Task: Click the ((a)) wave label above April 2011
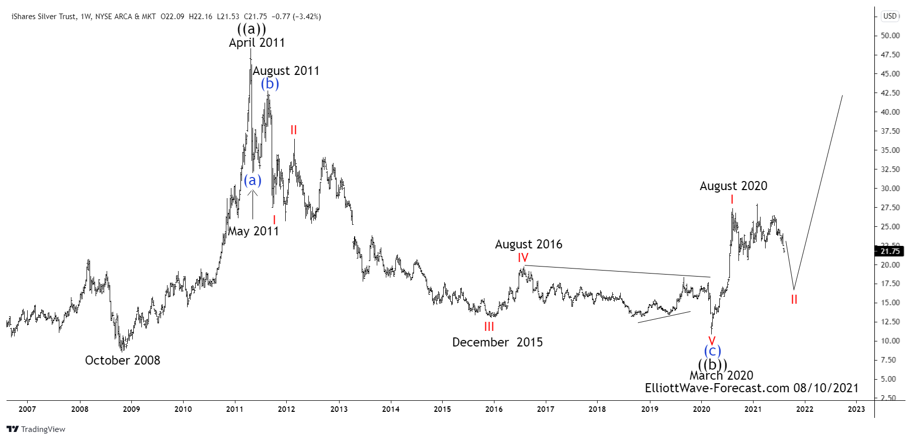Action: pos(252,29)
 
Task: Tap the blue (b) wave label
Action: pos(270,83)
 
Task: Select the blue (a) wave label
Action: pos(253,180)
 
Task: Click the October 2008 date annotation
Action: pos(122,360)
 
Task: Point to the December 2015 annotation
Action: pos(497,342)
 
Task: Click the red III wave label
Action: pos(489,327)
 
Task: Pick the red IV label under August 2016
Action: pos(523,258)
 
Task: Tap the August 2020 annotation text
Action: pos(733,186)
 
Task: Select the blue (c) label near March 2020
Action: pos(712,350)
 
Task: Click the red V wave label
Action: pos(712,340)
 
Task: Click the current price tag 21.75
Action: pos(890,251)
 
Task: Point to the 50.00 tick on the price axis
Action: pos(890,36)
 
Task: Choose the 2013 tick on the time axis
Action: pos(339,409)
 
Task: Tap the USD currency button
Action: pos(890,16)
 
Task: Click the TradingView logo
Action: pos(36,429)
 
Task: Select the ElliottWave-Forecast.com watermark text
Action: pos(752,388)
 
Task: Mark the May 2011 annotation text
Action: pos(253,231)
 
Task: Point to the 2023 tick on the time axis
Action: pos(856,409)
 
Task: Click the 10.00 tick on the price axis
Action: pos(890,341)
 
